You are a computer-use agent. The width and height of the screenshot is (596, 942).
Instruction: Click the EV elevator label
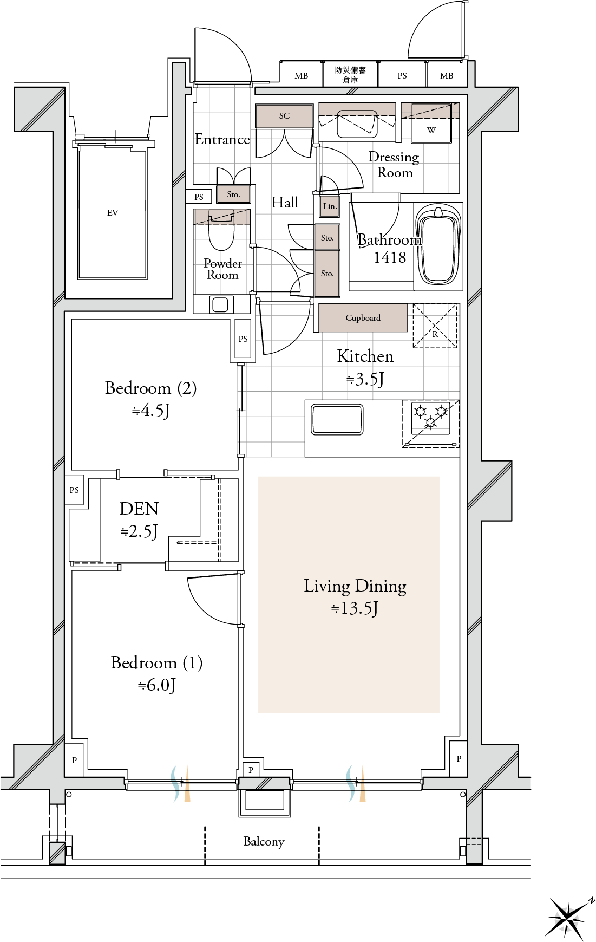click(x=113, y=213)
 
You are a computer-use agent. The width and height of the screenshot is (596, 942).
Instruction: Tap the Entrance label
click(x=222, y=139)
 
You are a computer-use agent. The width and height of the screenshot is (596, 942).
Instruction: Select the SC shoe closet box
click(x=284, y=116)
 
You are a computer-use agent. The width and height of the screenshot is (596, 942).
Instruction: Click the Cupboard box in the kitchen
click(x=363, y=317)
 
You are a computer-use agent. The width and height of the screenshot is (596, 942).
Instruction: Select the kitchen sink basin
click(x=337, y=419)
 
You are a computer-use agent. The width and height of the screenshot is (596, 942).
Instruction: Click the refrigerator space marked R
click(x=435, y=326)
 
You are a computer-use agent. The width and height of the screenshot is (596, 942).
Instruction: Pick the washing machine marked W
click(x=431, y=124)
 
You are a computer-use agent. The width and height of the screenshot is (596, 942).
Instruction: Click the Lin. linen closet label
click(x=330, y=206)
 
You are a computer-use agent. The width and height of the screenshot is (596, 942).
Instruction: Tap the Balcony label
click(x=264, y=841)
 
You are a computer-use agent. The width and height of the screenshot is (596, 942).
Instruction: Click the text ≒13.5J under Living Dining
click(x=355, y=608)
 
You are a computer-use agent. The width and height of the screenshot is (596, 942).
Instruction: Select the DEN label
click(x=139, y=509)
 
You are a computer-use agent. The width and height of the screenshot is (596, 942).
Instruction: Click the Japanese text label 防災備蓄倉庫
click(x=350, y=75)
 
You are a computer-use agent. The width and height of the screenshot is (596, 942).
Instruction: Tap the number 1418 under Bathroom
click(x=390, y=257)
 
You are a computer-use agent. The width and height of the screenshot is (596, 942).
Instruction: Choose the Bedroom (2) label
click(x=150, y=388)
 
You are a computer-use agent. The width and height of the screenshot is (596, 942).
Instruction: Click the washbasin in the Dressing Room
click(x=357, y=125)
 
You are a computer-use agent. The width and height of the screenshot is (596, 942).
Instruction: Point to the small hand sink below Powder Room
click(x=220, y=304)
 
